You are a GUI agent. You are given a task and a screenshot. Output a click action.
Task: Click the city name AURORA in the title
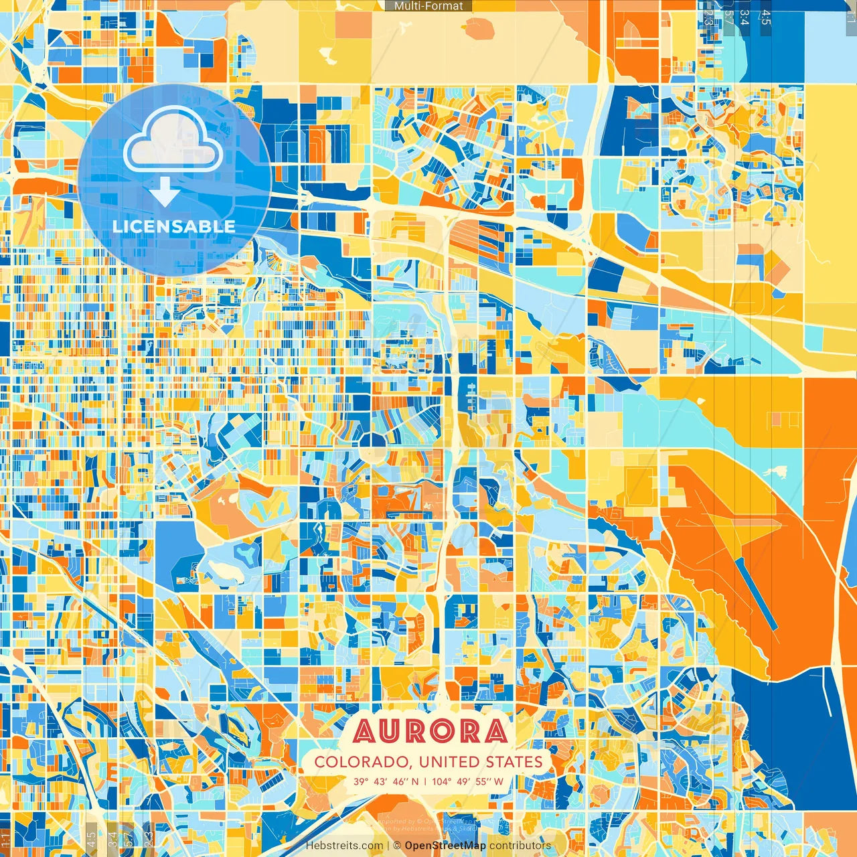coord(429,731)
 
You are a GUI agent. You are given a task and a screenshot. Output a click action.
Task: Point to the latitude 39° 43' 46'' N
coord(386,781)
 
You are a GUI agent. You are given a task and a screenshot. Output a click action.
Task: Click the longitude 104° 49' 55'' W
coord(467,781)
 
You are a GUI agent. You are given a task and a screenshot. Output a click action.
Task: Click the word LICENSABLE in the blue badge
coord(174,226)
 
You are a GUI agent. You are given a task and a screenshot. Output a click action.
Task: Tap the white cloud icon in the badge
coord(173,141)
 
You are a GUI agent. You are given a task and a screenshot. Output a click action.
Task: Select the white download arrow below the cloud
coord(164,192)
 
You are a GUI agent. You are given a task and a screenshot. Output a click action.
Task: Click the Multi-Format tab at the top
coord(428,6)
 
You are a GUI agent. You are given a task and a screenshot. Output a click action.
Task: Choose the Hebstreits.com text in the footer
coord(344,846)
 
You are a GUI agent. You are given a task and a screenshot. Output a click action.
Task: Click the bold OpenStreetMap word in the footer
coord(445,846)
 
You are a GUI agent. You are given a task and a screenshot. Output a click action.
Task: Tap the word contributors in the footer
coord(520,846)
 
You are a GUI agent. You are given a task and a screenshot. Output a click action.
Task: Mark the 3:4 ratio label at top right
coord(744,17)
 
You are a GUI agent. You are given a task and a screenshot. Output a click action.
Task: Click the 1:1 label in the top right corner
coord(850,15)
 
